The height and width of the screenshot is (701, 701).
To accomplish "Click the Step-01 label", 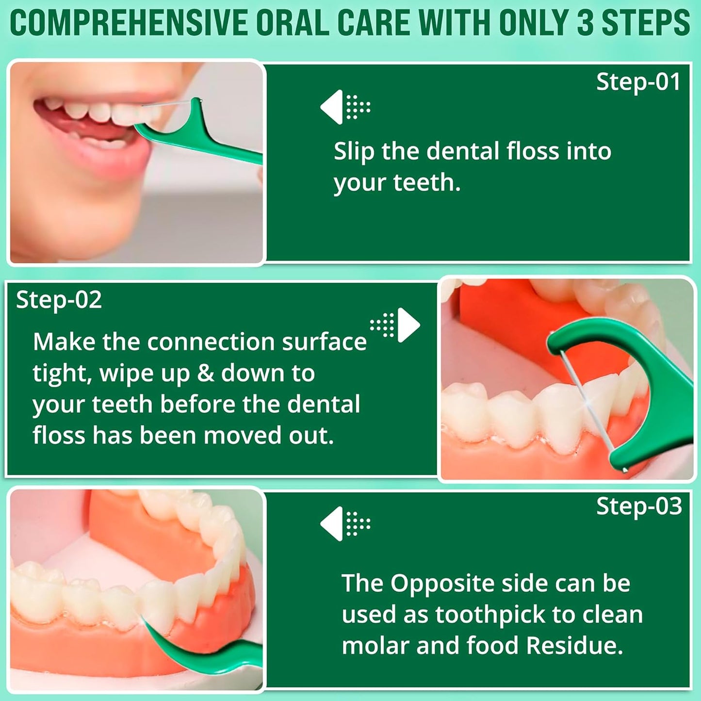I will pyautogui.click(x=637, y=82).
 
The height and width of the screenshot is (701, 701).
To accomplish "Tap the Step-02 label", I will pyautogui.click(x=59, y=300).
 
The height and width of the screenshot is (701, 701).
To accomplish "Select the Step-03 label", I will pyautogui.click(x=638, y=506).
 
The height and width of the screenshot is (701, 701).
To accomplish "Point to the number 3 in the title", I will pyautogui.click(x=586, y=23).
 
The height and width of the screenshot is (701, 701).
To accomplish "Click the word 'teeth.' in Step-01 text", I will pyautogui.click(x=426, y=183).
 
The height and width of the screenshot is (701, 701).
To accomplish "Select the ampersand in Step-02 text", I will pyautogui.click(x=205, y=374).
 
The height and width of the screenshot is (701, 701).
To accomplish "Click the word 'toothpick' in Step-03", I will pyautogui.click(x=490, y=615).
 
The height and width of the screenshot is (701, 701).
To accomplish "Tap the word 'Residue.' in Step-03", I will pyautogui.click(x=574, y=646).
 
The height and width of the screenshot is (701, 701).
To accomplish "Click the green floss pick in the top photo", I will pyautogui.click(x=204, y=138).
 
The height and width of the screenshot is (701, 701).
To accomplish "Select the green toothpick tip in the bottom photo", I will pyautogui.click(x=155, y=636).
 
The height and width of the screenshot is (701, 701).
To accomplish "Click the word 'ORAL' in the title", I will pyautogui.click(x=292, y=23).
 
